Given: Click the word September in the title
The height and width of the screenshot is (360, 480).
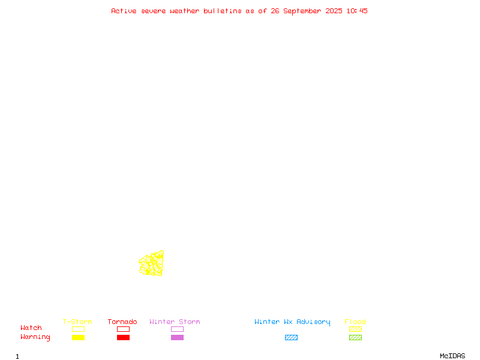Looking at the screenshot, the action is click(302, 11).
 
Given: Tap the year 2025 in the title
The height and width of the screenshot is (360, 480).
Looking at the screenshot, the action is click(334, 11).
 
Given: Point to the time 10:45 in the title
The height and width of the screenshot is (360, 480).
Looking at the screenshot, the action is click(357, 11).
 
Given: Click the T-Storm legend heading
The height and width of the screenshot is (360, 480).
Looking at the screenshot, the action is click(77, 322).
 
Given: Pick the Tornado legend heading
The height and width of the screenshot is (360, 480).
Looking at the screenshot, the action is click(122, 322).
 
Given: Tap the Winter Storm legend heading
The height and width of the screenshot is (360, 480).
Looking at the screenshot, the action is click(175, 322).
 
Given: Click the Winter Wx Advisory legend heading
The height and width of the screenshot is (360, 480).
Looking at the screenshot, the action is click(292, 322).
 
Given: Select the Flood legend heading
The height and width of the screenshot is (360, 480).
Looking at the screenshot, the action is click(355, 322).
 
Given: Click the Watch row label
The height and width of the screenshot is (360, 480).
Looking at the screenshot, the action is click(31, 328).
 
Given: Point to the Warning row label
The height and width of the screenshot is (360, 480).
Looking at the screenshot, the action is click(35, 337).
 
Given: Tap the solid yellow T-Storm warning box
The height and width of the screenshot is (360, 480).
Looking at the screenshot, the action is click(79, 337).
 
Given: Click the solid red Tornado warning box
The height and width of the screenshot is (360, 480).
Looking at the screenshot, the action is click(124, 337).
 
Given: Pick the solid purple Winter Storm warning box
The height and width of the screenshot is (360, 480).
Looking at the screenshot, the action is click(177, 337).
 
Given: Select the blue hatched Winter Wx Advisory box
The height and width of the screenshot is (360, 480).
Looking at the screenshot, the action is click(291, 337).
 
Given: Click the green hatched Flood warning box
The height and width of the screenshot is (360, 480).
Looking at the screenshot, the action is click(355, 337).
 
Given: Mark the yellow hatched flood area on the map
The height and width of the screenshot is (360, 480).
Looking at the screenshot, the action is click(152, 263).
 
